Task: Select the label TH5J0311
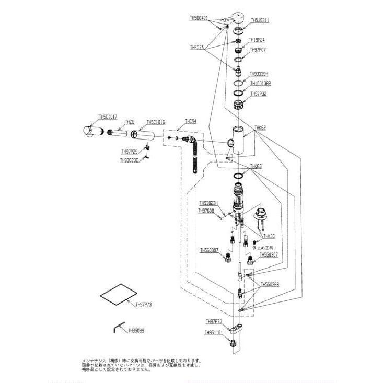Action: [260, 21]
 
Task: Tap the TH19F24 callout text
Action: [257, 40]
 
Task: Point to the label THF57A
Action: [197, 47]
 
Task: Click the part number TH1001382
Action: [260, 83]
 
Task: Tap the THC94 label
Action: [190, 121]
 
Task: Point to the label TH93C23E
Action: [129, 160]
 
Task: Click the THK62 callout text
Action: [260, 127]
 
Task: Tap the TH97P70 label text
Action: [214, 321]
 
